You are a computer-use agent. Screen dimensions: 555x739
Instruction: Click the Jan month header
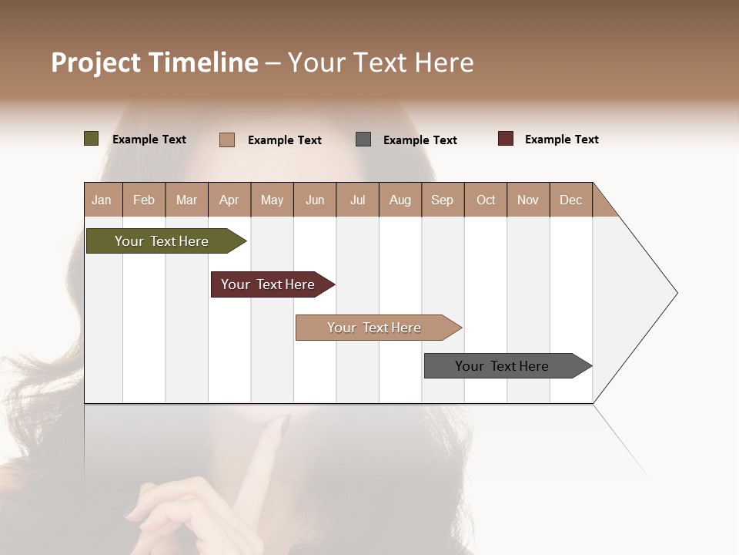click(102, 200)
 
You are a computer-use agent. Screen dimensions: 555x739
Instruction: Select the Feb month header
click(144, 200)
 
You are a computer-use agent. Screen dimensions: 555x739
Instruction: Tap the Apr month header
click(229, 200)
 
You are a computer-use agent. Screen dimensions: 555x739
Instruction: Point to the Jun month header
click(315, 200)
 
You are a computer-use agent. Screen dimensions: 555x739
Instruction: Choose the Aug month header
click(400, 200)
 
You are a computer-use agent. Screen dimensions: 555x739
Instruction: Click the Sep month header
click(443, 200)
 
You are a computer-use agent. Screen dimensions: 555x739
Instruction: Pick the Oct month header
click(486, 200)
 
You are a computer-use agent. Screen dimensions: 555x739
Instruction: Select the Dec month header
click(571, 200)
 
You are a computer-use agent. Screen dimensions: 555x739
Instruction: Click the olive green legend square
click(92, 139)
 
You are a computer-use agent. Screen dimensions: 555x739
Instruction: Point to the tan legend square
click(227, 140)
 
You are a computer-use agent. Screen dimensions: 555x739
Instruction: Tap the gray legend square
click(363, 140)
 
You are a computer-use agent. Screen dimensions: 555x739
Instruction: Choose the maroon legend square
click(506, 139)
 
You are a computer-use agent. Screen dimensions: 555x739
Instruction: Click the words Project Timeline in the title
click(155, 62)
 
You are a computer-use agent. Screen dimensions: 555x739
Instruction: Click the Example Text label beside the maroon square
click(562, 140)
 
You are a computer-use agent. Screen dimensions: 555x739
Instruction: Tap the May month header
click(272, 200)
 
